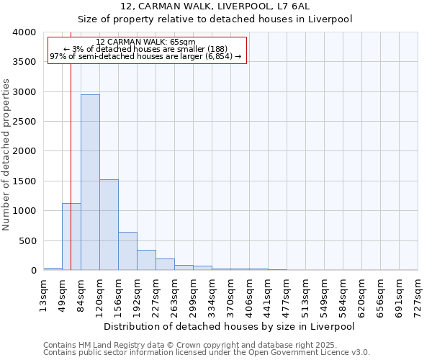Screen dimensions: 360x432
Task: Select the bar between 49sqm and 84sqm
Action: [71, 237]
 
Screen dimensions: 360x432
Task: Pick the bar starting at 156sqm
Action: [127, 251]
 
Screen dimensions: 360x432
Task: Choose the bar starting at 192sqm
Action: [146, 261]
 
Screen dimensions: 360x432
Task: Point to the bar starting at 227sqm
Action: [165, 265]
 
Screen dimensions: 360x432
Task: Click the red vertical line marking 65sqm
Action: [71, 144]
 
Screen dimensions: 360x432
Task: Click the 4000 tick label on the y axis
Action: [24, 32]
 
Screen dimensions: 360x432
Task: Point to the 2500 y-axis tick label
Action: [24, 122]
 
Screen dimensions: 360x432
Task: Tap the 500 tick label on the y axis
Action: [27, 241]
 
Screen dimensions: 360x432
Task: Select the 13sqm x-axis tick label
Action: [44, 294]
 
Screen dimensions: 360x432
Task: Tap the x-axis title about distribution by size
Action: [229, 326]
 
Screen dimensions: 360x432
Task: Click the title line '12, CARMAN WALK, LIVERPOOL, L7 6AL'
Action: [215, 7]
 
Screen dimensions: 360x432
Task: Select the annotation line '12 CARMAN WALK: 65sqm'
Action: [145, 42]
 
